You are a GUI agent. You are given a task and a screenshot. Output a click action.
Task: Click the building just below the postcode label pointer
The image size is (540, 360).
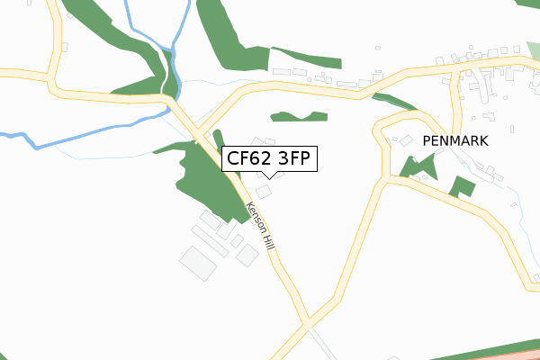(264, 192)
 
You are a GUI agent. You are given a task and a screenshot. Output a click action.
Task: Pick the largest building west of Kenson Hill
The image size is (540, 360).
(198, 262)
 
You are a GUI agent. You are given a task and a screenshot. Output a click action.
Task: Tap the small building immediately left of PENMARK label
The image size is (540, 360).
(406, 141)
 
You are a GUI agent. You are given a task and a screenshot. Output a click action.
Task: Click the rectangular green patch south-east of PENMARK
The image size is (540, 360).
(463, 187)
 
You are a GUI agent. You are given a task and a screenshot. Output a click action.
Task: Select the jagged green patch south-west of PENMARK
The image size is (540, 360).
(413, 166)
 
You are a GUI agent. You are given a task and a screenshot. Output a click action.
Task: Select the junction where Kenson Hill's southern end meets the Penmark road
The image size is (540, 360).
(308, 322)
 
